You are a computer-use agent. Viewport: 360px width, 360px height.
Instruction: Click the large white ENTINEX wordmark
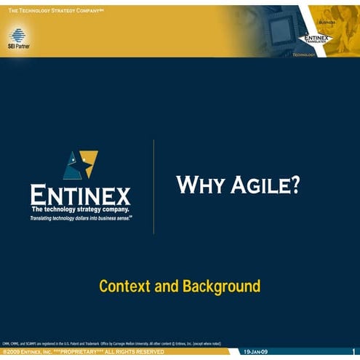[81, 196]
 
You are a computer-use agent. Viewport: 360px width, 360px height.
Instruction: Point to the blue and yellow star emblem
[79, 166]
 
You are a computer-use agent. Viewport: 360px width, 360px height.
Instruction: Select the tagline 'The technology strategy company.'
[81, 209]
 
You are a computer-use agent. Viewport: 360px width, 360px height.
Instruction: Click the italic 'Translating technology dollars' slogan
[81, 217]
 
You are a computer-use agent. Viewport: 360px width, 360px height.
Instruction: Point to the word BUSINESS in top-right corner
[327, 22]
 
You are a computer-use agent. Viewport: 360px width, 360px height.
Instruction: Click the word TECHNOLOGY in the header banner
[304, 55]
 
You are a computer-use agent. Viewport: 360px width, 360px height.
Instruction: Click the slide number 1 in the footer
[353, 352]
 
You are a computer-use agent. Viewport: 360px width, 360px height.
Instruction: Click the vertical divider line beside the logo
[153, 187]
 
